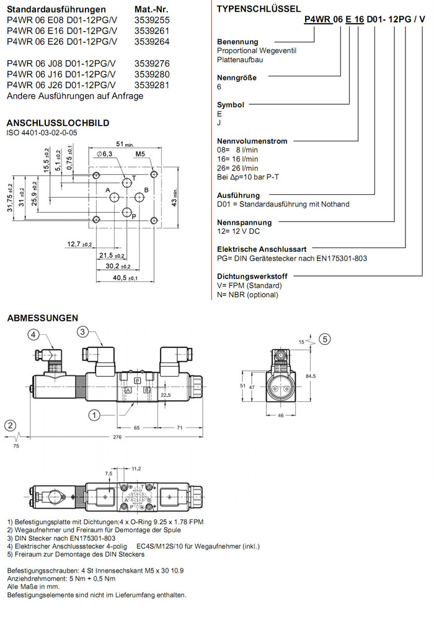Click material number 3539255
click(x=152, y=20)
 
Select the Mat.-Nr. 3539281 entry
click(x=152, y=85)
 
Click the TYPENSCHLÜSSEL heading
click(x=259, y=9)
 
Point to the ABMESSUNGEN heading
click(x=43, y=318)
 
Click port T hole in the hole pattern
click(x=127, y=182)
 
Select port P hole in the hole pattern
click(x=127, y=211)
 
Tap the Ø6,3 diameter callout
click(x=104, y=154)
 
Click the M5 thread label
click(x=139, y=154)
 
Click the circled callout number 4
click(x=35, y=335)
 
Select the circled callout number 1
click(x=94, y=414)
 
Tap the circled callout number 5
click(x=325, y=339)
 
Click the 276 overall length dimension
click(x=117, y=438)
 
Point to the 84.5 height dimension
click(x=311, y=375)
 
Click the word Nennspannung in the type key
click(x=244, y=222)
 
